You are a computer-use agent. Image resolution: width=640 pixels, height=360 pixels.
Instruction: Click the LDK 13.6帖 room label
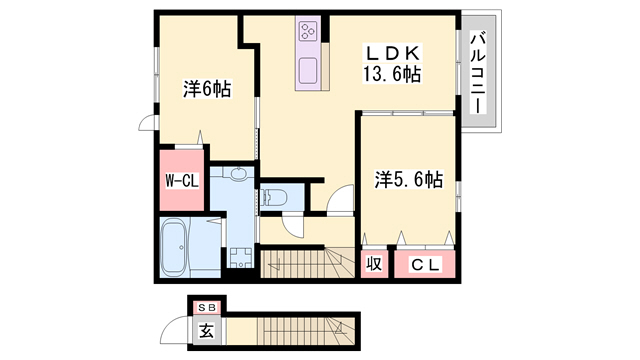(x=392, y=64)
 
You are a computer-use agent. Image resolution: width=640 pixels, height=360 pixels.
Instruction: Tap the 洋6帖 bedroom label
(x=207, y=89)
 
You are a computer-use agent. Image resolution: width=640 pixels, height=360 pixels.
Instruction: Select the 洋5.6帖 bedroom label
(x=409, y=179)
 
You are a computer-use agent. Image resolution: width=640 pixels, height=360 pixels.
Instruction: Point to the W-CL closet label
(x=182, y=180)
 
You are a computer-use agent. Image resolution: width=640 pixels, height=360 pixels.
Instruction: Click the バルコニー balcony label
(x=478, y=73)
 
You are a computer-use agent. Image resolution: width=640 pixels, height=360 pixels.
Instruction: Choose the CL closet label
(x=425, y=265)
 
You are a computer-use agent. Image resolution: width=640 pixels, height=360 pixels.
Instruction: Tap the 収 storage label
(x=374, y=264)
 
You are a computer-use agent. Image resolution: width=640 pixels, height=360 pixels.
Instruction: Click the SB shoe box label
(x=207, y=308)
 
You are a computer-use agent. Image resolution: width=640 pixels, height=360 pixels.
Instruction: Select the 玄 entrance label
(x=207, y=330)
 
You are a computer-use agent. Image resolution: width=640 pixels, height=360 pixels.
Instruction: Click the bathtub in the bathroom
(x=174, y=247)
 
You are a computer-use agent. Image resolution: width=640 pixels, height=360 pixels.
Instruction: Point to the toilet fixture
(x=273, y=198)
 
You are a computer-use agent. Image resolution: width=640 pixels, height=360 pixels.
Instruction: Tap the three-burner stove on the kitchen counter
(x=308, y=31)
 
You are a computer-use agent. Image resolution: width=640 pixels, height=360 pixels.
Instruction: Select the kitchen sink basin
(x=308, y=71)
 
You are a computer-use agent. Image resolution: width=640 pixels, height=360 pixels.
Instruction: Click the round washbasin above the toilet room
(x=238, y=173)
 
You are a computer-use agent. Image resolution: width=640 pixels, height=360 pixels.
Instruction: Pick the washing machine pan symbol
(x=240, y=258)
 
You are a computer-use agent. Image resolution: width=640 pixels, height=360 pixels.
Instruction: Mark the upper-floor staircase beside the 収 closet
(x=307, y=263)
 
